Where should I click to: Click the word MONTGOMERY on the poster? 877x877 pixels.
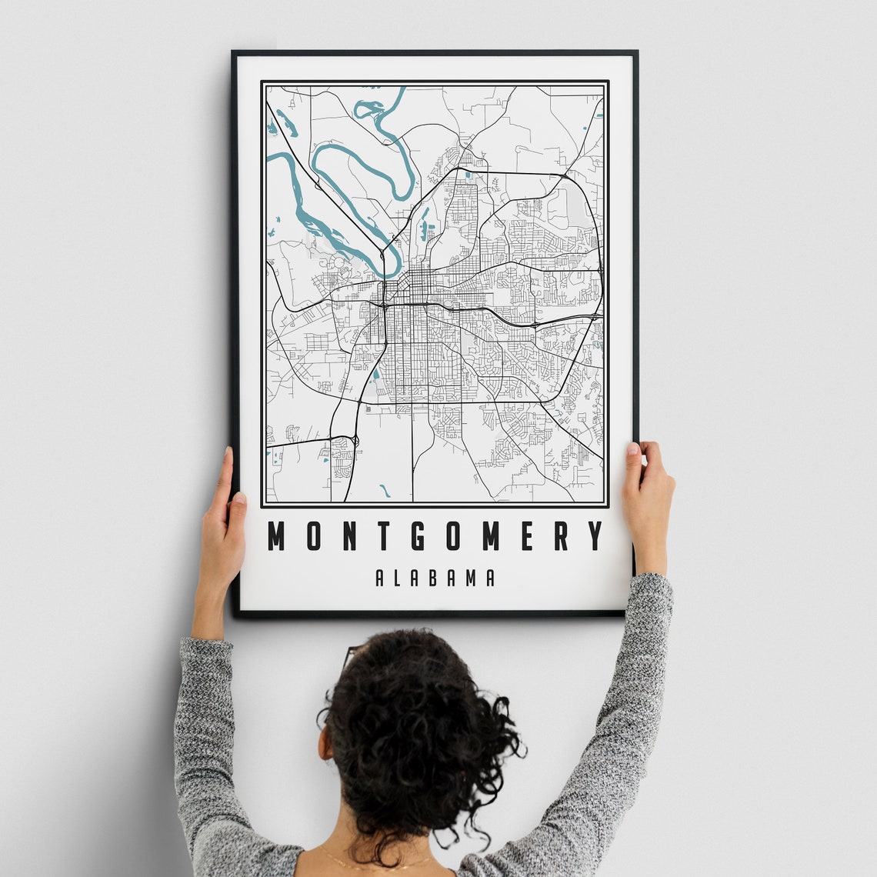(435, 536)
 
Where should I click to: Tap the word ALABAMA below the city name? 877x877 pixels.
(435, 578)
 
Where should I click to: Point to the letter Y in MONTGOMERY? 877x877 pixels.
(595, 536)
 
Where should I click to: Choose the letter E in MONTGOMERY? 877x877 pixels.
(526, 536)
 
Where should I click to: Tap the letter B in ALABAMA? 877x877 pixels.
(435, 578)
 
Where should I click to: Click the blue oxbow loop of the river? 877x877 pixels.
(362, 165)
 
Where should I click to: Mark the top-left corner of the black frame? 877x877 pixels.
(234, 53)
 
